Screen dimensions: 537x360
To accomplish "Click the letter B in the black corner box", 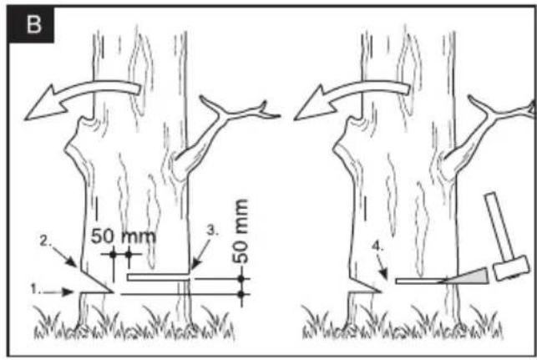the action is point(34,24).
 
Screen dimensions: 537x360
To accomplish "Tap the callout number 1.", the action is point(34,289).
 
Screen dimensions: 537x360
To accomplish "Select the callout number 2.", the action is point(45,241).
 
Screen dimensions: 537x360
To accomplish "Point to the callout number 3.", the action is point(212,231).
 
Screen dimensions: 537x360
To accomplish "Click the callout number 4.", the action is point(377,246).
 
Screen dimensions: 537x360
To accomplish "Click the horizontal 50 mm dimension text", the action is point(124,236).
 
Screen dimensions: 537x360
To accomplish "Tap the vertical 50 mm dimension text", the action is point(240,231).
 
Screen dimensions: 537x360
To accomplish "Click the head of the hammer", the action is point(510,268).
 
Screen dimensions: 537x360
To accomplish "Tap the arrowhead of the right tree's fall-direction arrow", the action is point(314,104).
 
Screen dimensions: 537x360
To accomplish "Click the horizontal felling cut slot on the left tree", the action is point(158,277).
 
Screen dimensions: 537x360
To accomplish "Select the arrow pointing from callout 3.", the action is point(200,254).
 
